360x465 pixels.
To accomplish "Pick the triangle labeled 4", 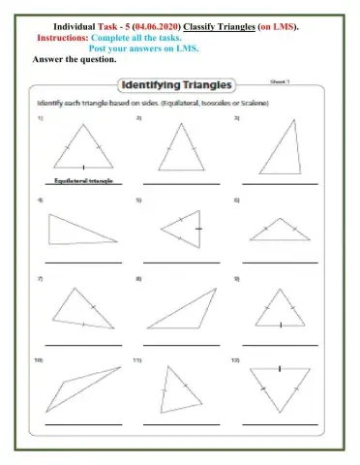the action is point(79,233).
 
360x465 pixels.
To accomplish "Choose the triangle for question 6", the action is point(278,232).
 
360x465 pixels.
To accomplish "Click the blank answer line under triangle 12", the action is point(279,423).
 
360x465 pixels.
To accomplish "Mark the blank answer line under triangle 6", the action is point(279,263).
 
